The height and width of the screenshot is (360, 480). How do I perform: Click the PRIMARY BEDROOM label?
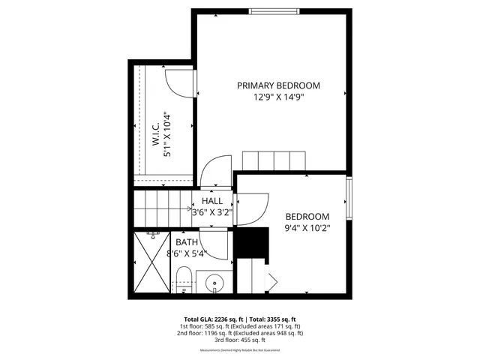(x=278, y=85)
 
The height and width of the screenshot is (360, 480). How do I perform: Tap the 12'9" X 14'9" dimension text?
(x=278, y=97)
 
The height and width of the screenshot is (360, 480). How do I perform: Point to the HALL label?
(x=212, y=201)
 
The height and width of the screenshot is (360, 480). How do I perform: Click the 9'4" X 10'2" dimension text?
(x=307, y=227)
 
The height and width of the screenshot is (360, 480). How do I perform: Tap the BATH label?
(x=187, y=242)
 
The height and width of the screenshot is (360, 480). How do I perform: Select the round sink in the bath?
(x=215, y=284)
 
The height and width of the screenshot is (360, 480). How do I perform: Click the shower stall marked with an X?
(x=152, y=262)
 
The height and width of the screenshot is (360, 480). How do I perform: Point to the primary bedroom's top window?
(x=272, y=11)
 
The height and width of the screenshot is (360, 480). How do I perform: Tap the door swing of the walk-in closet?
(x=178, y=82)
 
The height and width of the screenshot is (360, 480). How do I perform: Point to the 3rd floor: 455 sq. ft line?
(x=239, y=340)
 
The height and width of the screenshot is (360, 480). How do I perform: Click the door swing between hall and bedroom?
(x=252, y=208)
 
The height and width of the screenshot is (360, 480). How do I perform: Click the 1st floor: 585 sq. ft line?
(x=239, y=326)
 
